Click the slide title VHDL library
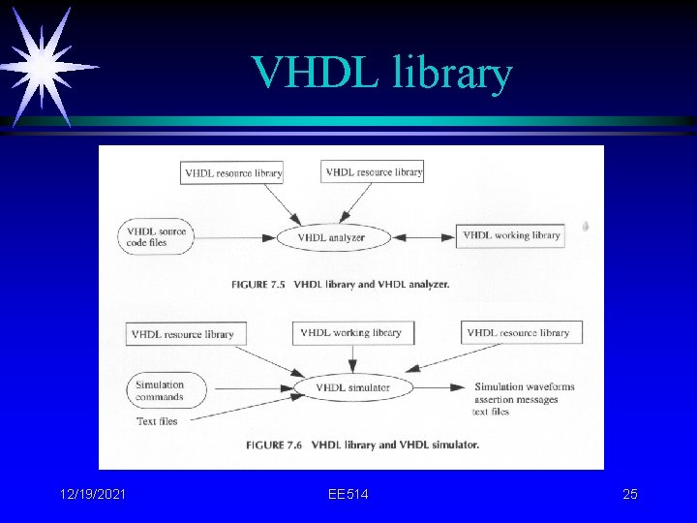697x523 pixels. pyautogui.click(x=380, y=73)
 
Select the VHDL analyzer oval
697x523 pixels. pyautogui.click(x=333, y=237)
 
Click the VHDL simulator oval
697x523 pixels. pyautogui.click(x=352, y=388)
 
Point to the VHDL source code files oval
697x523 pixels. pyautogui.click(x=156, y=237)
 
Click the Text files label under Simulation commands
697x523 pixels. pyautogui.click(x=157, y=421)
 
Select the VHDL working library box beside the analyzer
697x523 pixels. pyautogui.click(x=510, y=235)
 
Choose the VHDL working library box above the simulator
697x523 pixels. pyautogui.click(x=351, y=333)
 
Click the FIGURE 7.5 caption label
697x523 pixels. pyautogui.click(x=260, y=285)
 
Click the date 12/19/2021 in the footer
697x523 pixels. pyautogui.click(x=92, y=495)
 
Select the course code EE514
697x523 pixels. pyautogui.click(x=348, y=495)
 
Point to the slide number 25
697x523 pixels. pyautogui.click(x=630, y=495)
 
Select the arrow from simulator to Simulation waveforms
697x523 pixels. pyautogui.click(x=439, y=387)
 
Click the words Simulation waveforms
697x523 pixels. pyautogui.click(x=524, y=386)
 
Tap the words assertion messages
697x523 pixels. pyautogui.click(x=516, y=399)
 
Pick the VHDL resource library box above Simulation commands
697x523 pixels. pyautogui.click(x=187, y=334)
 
